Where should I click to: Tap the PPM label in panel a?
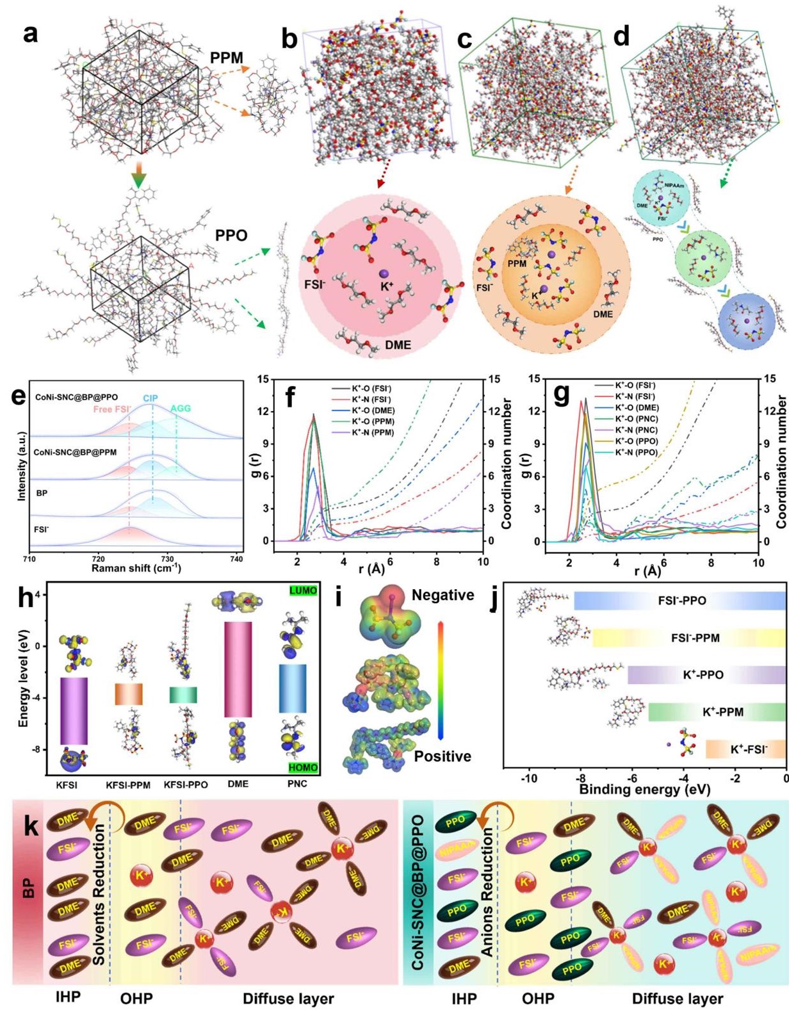point(227,58)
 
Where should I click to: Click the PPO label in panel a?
point(231,235)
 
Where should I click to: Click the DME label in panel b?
point(398,345)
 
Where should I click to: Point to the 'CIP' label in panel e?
point(150,398)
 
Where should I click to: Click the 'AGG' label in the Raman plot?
point(180,408)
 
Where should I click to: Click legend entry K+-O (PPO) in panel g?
point(637,441)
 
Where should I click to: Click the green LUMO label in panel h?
point(303,590)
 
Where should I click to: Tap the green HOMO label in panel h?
point(303,767)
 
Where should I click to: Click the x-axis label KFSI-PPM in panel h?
point(128,785)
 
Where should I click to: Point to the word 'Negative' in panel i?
point(443,595)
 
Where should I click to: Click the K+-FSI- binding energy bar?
point(745,749)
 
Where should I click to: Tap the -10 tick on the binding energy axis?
point(529,779)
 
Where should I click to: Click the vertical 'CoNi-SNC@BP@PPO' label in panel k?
point(418,893)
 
